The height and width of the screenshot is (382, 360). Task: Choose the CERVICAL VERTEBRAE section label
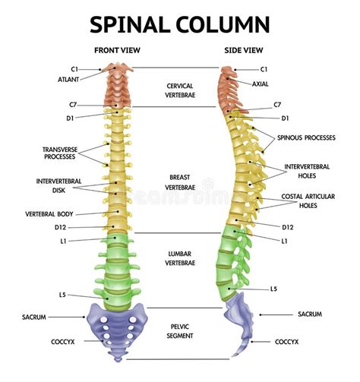click(x=180, y=90)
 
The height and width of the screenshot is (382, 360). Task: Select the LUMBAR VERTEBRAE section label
click(x=180, y=257)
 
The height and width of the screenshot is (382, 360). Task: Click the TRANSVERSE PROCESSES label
click(x=58, y=153)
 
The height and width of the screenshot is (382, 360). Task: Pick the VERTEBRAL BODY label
click(x=49, y=213)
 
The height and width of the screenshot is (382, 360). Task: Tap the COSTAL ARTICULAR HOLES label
click(x=307, y=200)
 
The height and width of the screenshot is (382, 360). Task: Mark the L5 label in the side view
click(x=274, y=289)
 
